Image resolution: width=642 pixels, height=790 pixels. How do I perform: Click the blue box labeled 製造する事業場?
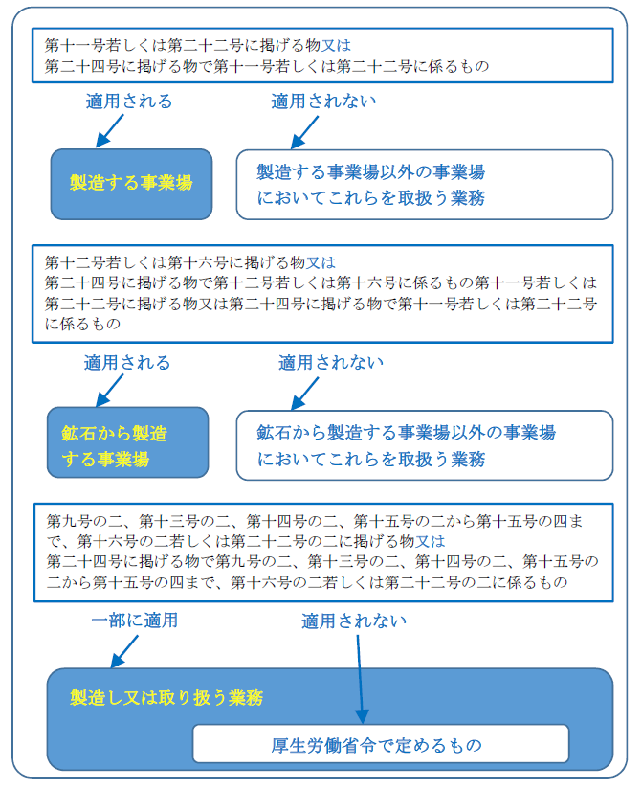[131, 182]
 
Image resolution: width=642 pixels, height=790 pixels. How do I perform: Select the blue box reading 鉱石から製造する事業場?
[127, 442]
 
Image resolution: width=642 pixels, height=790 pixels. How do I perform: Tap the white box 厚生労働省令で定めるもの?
[381, 744]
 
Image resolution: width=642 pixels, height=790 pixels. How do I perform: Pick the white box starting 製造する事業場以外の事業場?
[424, 184]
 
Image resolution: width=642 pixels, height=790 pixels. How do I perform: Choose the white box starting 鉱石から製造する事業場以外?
[424, 445]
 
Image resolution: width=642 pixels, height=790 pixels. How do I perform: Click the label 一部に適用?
[135, 621]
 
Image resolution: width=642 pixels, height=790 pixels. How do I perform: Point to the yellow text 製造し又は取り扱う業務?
[166, 697]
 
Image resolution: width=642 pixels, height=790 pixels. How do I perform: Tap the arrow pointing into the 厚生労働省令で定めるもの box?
[360, 680]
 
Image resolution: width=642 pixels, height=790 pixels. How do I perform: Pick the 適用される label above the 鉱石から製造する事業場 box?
[127, 363]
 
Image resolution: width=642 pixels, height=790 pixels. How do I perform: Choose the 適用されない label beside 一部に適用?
[354, 621]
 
